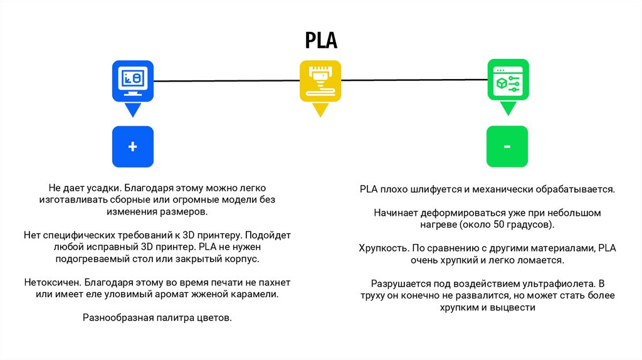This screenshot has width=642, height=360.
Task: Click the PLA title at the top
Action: point(321,41)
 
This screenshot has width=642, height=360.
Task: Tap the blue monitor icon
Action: point(132,80)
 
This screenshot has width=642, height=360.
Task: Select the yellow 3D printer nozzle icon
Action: point(320,80)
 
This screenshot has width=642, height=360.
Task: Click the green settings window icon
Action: point(508,80)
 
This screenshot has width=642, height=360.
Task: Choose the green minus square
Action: point(507,146)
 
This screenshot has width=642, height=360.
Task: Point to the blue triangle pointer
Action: point(132,110)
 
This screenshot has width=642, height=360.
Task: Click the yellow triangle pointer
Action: point(320,110)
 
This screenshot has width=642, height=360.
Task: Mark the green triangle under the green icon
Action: point(508,109)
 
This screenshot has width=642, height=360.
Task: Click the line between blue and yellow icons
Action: point(226,81)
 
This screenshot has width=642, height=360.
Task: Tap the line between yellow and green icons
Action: point(414,80)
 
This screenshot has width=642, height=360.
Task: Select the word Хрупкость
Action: point(381,248)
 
